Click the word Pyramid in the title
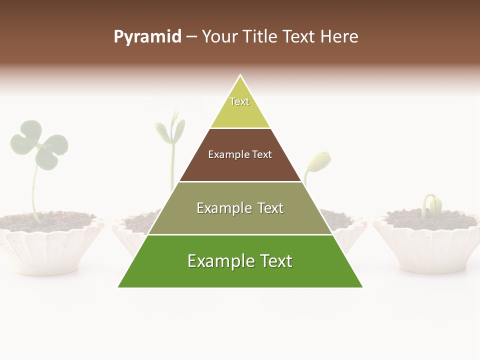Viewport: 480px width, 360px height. click(x=147, y=36)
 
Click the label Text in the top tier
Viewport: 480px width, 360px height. click(x=239, y=101)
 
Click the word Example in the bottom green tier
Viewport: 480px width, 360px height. click(x=216, y=261)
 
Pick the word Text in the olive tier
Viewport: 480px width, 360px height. click(x=267, y=208)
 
